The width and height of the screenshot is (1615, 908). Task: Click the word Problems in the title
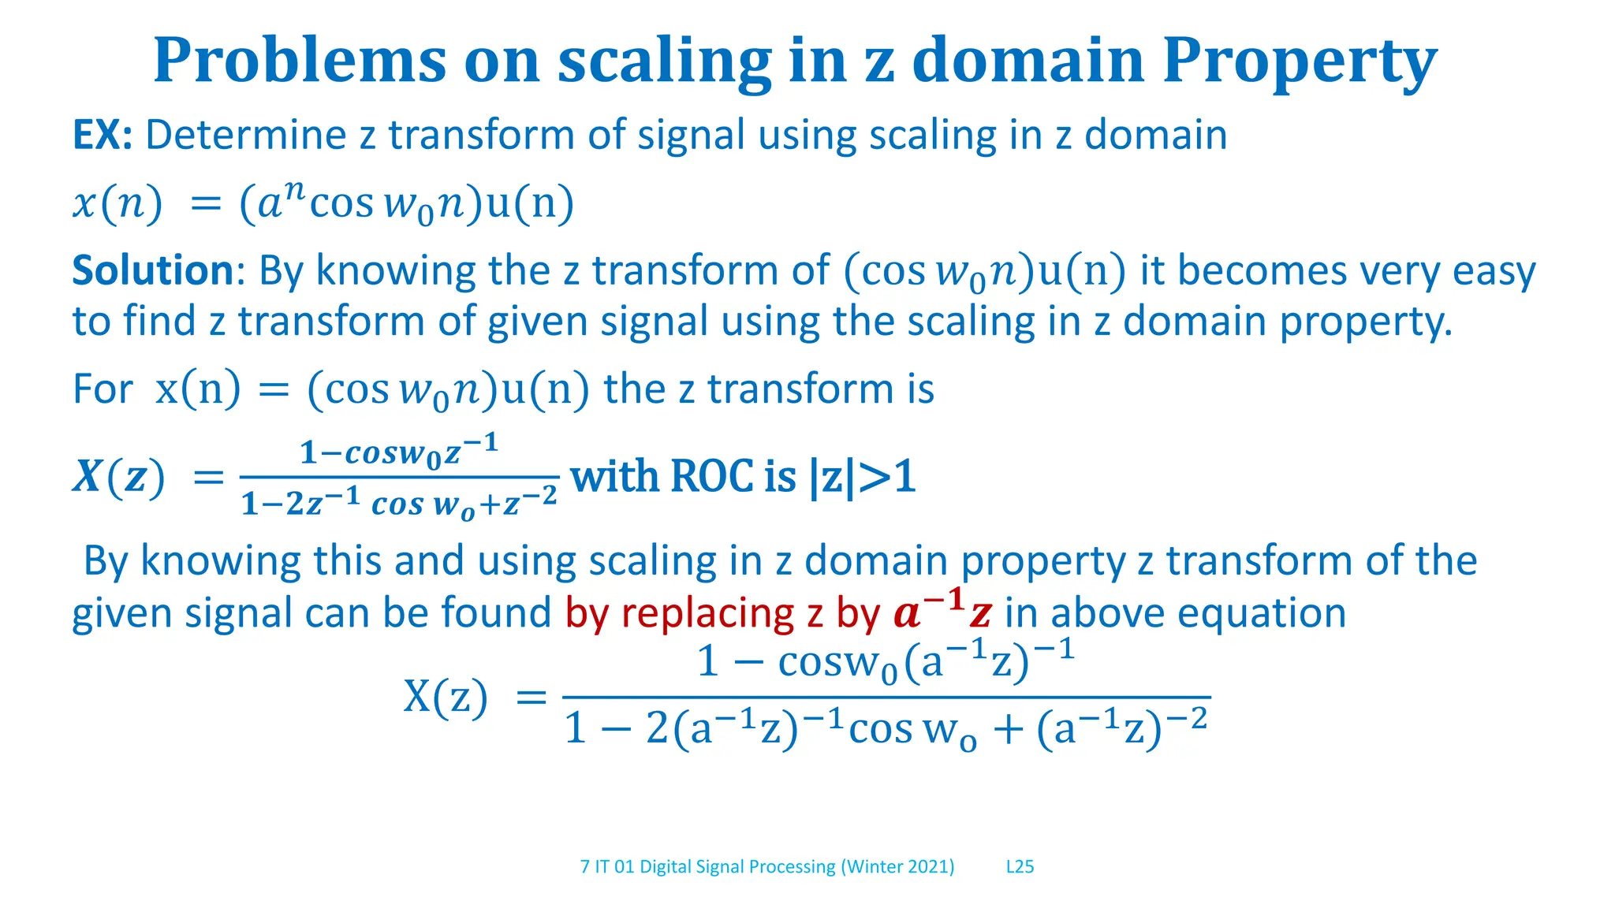coord(300,61)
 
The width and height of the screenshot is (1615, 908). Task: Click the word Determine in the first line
coord(245,136)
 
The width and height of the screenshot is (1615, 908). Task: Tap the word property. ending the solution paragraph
coord(1365,322)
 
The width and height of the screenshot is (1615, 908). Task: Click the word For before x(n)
coord(103,389)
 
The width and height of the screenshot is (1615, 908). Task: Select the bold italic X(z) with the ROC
coord(119,477)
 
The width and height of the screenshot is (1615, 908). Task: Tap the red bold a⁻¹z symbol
coord(942,611)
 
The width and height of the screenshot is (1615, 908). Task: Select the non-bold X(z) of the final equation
coord(446,697)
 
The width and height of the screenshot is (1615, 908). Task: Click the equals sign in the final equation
coord(530,698)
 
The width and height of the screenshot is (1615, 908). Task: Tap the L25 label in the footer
coord(1020,867)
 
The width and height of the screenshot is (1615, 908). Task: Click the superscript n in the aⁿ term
coord(293,190)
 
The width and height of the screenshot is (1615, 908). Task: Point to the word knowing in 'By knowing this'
coord(220,561)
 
